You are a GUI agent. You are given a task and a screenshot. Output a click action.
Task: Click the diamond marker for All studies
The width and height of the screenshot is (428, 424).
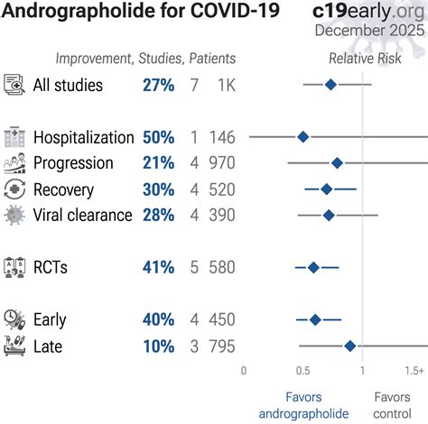click(x=330, y=85)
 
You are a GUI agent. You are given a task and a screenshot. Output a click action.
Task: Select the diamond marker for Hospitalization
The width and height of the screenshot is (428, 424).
click(x=302, y=137)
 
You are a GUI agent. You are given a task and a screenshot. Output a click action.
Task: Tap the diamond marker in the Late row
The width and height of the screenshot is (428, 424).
click(x=349, y=346)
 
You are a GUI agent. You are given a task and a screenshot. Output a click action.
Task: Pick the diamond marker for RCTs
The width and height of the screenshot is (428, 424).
click(x=313, y=267)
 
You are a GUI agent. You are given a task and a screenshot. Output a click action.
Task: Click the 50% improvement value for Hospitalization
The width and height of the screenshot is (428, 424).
click(x=158, y=137)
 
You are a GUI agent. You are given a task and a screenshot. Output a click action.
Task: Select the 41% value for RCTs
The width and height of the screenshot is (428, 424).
click(x=158, y=267)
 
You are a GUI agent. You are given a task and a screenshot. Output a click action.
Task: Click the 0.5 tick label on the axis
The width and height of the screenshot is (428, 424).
click(x=302, y=370)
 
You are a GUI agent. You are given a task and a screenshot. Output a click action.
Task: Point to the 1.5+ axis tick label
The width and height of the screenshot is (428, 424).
click(x=414, y=370)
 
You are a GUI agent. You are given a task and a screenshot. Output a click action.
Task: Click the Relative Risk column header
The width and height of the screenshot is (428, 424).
click(x=364, y=59)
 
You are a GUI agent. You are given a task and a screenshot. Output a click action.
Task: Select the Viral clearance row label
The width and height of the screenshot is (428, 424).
click(x=82, y=215)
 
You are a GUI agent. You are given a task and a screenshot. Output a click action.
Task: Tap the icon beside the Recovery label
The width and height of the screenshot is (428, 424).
click(x=14, y=189)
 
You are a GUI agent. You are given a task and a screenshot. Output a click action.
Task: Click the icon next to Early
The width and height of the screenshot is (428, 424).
click(x=14, y=319)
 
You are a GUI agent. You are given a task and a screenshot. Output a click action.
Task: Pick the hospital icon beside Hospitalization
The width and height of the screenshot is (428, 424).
click(x=14, y=137)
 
